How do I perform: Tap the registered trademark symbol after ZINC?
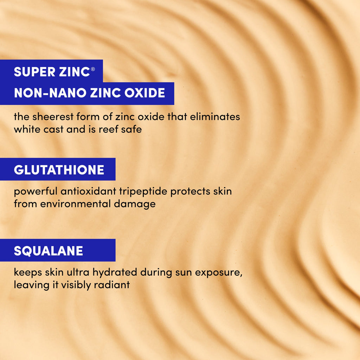pos(93,69)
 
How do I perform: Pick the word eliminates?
pos(215,117)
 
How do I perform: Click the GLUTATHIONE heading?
pos(59,170)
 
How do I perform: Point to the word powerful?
pos(35,192)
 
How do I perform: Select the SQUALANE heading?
pos(49,251)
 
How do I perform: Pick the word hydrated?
pos(116,273)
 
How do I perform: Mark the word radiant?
pos(112,284)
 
